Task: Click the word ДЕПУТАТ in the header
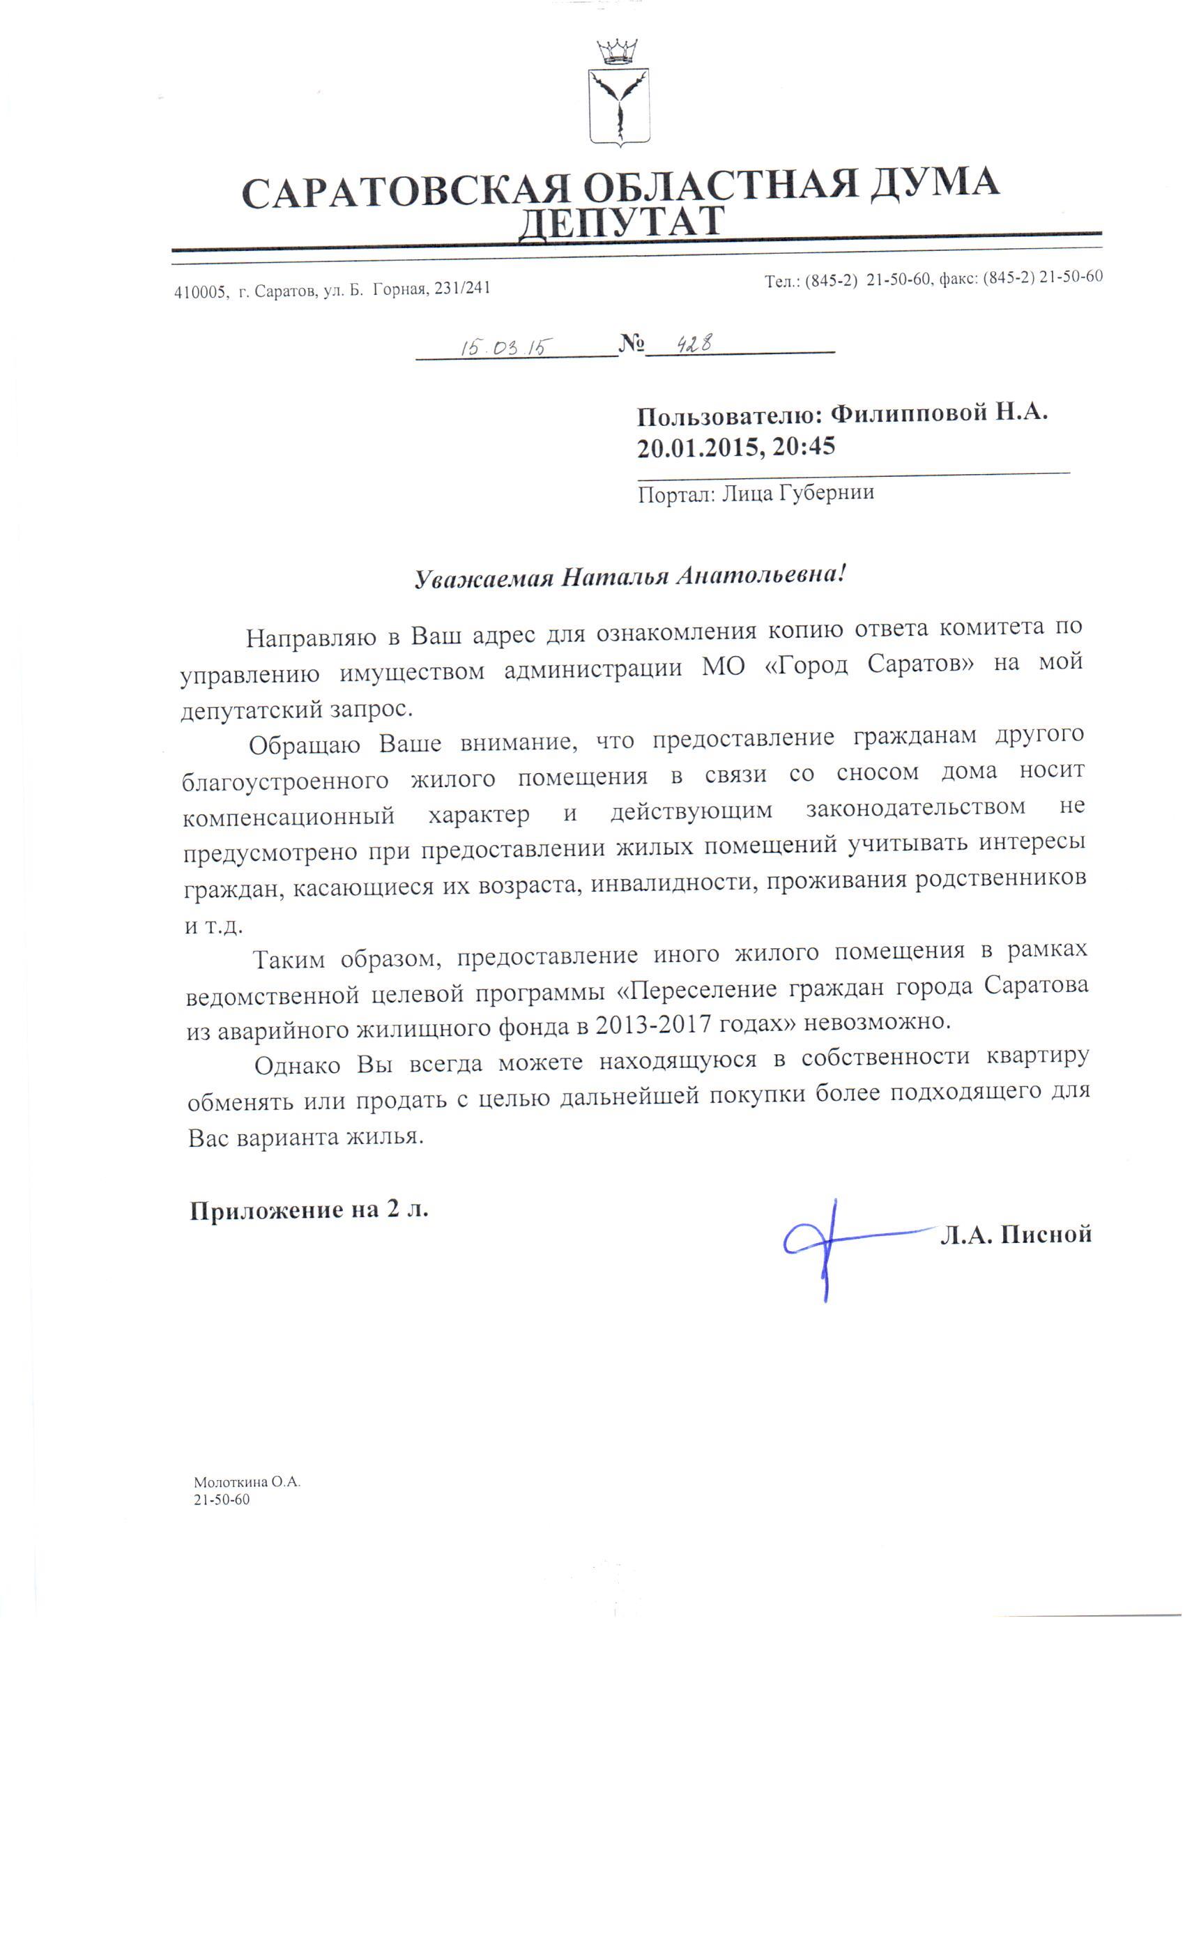click(x=621, y=221)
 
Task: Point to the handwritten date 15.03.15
click(x=506, y=346)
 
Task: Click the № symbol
click(x=632, y=343)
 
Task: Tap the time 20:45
click(x=804, y=447)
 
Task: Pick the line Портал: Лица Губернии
click(x=756, y=493)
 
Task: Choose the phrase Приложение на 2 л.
click(x=309, y=1210)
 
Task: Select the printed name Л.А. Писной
click(x=1015, y=1234)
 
